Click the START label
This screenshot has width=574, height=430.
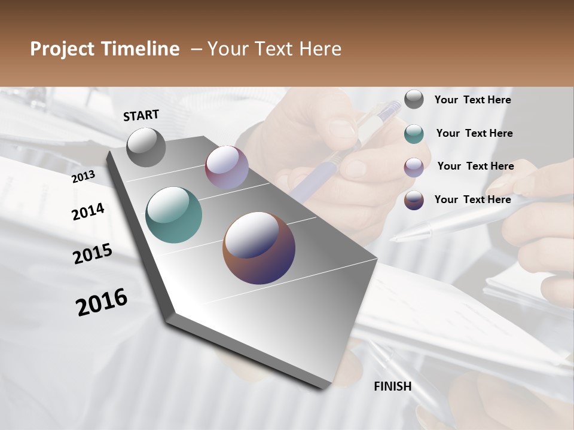[141, 115]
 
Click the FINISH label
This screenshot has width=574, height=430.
[392, 386]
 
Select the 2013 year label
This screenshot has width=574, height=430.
[83, 176]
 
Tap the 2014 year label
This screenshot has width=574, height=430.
[88, 211]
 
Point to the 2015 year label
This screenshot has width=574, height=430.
[93, 254]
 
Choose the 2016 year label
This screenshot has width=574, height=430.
[102, 302]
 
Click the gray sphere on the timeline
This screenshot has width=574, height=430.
[146, 148]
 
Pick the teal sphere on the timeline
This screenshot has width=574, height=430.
[173, 215]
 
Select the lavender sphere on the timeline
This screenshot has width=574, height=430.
[227, 167]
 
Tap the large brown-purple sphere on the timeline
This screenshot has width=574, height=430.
[259, 248]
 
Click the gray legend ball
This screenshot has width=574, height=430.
[414, 99]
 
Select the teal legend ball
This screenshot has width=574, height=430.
[414, 134]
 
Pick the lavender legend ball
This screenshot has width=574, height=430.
[414, 167]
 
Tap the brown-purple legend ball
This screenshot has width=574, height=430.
[414, 200]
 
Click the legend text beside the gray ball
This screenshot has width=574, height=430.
[472, 100]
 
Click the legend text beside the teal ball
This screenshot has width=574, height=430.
[474, 133]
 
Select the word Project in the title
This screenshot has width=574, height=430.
[62, 49]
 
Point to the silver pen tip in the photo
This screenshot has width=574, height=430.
[397, 238]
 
